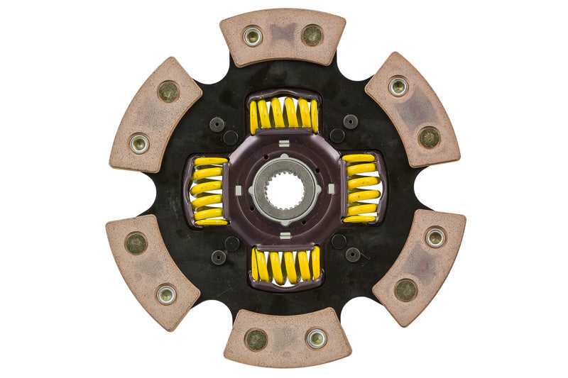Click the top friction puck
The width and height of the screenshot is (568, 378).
pos(283,37)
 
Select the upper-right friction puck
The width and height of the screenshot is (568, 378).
pos(413,108)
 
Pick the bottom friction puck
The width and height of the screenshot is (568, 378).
pos(287,338)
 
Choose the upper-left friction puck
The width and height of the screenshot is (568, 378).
pos(155,113)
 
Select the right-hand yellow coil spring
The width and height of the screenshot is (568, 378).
pos(361,188)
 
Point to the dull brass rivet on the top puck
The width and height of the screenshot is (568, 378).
pos(312,34)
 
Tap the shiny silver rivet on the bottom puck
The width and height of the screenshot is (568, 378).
pos(316,338)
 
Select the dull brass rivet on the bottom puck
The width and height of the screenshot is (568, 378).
pos(256,340)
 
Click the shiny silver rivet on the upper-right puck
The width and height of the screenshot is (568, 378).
pos(398,87)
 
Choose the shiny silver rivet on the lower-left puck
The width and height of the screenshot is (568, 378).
pos(166,294)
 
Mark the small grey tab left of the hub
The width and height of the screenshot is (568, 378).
pos(239,189)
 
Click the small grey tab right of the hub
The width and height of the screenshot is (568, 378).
pos(331,189)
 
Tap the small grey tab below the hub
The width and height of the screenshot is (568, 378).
pos(284,235)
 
